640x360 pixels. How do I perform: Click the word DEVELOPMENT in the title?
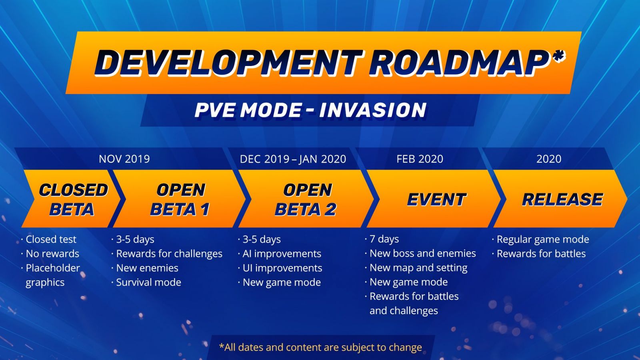(228, 62)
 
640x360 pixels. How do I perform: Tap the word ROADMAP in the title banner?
(460, 62)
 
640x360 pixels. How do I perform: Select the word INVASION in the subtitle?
(372, 110)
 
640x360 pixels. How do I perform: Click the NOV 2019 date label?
(124, 159)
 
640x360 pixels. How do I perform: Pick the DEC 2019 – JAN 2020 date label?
(293, 159)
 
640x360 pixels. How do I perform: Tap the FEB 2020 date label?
(420, 159)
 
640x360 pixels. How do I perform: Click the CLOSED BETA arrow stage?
(72, 199)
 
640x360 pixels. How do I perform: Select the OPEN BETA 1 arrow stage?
(180, 199)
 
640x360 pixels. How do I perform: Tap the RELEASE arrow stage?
(560, 199)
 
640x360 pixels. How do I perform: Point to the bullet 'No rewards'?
(50, 254)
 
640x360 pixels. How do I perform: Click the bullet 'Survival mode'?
(146, 282)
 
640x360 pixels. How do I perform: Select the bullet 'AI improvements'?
(280, 254)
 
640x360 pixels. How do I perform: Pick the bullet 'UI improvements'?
(280, 268)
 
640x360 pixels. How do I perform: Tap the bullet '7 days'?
(382, 239)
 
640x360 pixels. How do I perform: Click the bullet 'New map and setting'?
(416, 268)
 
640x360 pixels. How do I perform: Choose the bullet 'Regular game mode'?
(540, 240)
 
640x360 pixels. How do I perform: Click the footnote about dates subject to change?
(320, 348)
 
